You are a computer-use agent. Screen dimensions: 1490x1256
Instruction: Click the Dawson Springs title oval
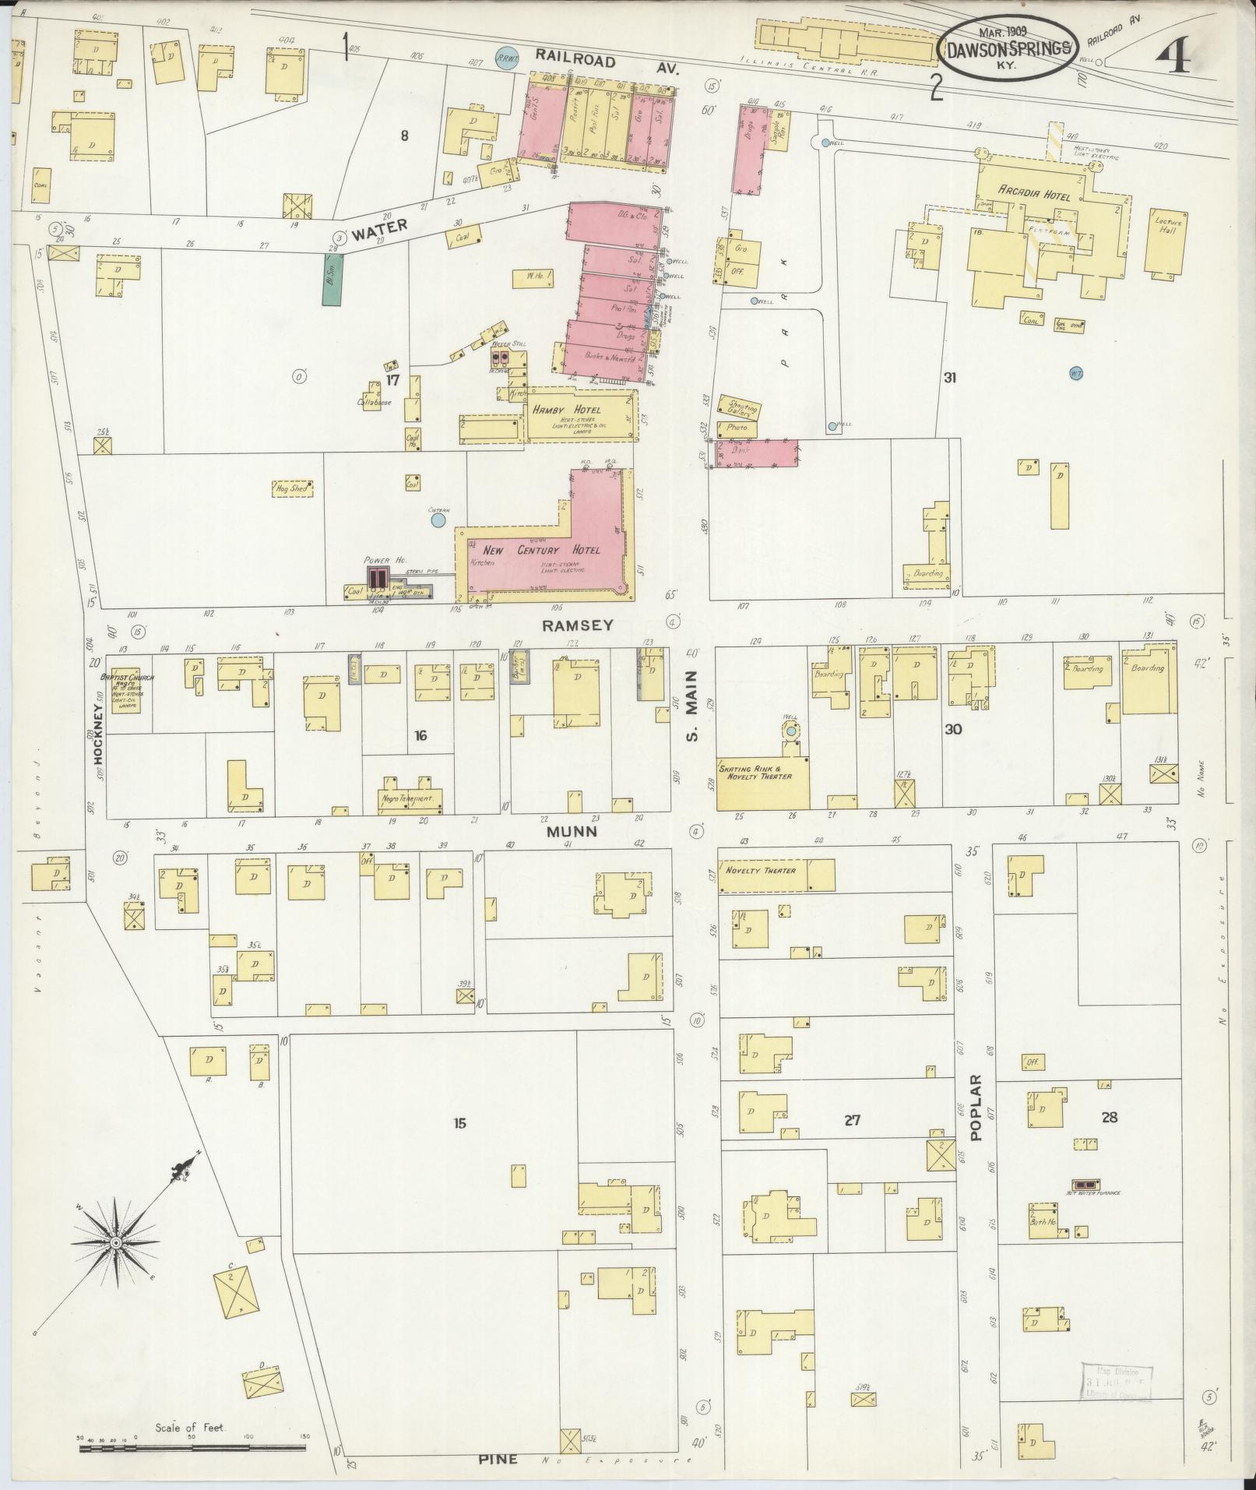pyautogui.click(x=1011, y=48)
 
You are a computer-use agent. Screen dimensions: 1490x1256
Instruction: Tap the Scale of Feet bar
pyautogui.click(x=192, y=1448)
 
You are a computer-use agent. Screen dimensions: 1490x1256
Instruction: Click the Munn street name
pyautogui.click(x=571, y=831)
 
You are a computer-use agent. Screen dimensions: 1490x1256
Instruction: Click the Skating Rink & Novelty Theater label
pyautogui.click(x=755, y=771)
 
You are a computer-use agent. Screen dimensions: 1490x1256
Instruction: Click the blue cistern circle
pyautogui.click(x=438, y=519)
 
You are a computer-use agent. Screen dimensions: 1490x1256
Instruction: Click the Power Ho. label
pyautogui.click(x=377, y=560)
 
